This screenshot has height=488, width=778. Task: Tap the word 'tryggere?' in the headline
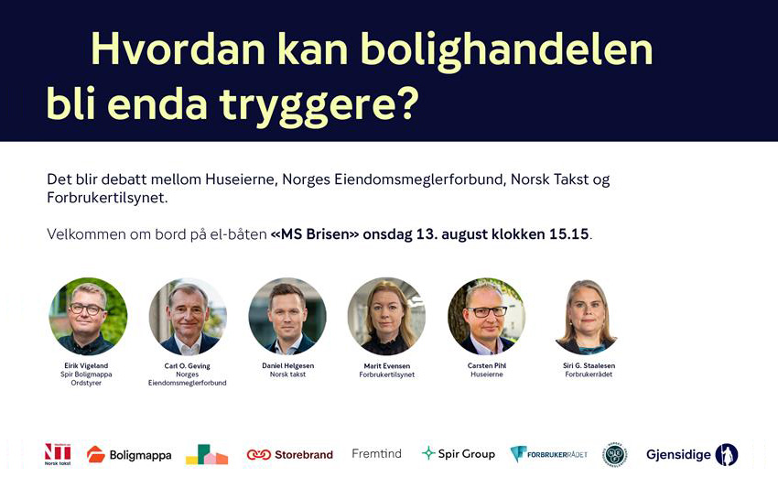(319, 105)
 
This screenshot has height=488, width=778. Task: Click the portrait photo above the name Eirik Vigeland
(88, 316)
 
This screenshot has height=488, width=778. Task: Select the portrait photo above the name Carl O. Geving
(188, 316)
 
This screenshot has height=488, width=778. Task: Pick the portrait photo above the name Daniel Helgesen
(287, 316)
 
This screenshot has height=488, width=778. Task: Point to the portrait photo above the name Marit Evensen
(386, 316)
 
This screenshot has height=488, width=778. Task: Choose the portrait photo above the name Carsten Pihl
(486, 316)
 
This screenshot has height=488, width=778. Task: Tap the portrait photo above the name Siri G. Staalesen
(588, 317)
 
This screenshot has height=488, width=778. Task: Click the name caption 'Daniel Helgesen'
(287, 366)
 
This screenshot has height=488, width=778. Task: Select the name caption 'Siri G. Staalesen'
(589, 366)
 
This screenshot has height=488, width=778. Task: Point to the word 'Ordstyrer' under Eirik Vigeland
(86, 383)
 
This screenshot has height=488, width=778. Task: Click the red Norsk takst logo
(58, 454)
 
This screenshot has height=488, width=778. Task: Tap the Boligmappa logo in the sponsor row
(129, 454)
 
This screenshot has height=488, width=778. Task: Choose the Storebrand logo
(290, 454)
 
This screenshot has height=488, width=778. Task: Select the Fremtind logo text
(376, 454)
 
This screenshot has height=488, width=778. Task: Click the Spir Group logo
(459, 454)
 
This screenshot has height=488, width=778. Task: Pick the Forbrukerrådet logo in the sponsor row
(549, 454)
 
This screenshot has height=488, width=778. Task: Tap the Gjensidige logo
(692, 454)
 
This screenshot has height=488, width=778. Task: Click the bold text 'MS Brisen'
(315, 233)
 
